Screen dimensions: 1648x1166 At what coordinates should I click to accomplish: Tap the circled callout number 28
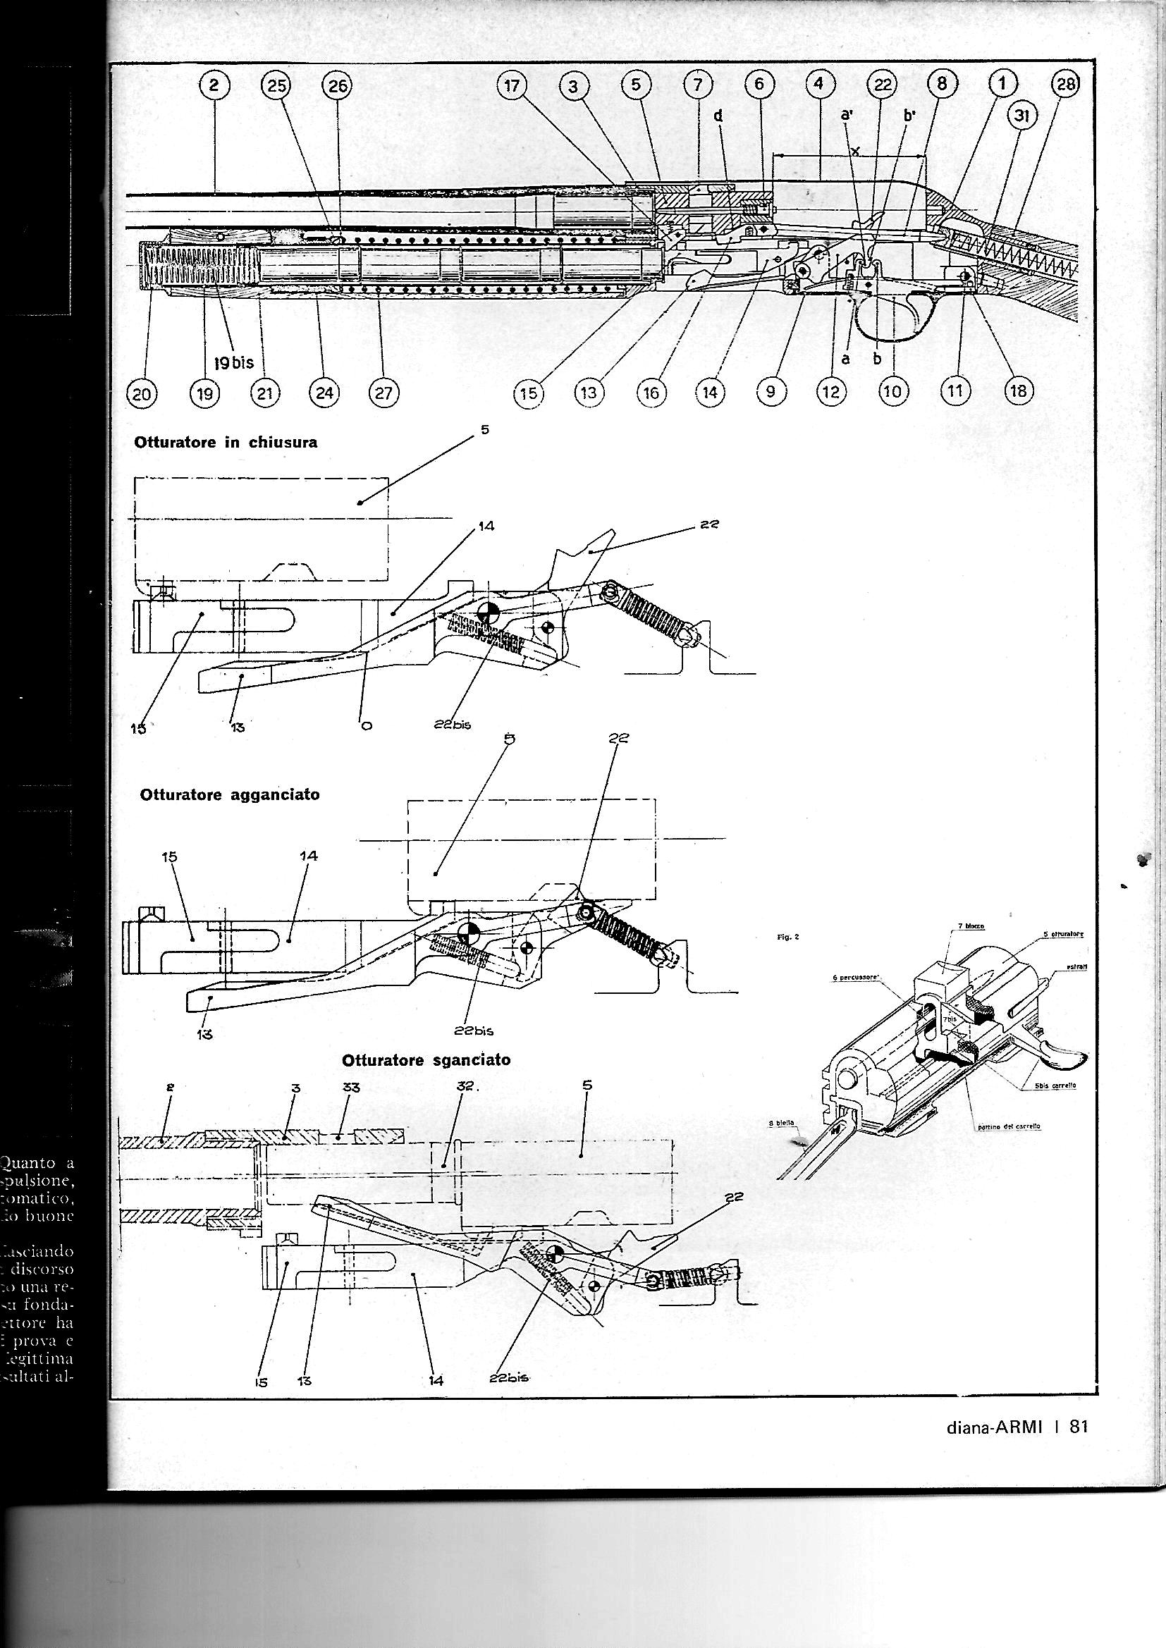click(x=1064, y=85)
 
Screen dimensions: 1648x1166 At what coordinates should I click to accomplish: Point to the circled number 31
click(x=1023, y=118)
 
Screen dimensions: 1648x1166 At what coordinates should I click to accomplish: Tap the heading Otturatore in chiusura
click(x=226, y=443)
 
